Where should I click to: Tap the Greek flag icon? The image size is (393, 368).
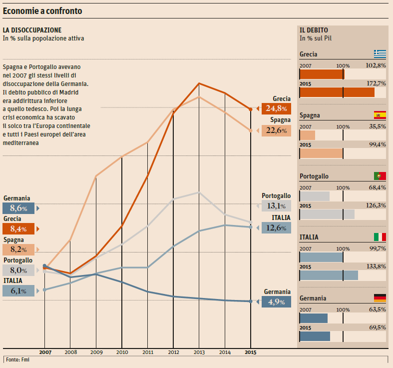coord(380,54)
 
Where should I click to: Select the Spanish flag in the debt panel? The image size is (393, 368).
coord(380,115)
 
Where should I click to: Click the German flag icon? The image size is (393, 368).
coord(380,298)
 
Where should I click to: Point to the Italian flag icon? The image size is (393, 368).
coord(380,237)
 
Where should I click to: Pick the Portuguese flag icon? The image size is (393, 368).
coord(380,176)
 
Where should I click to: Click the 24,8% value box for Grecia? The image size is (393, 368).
coord(276,108)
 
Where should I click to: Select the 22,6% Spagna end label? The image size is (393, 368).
coord(276,130)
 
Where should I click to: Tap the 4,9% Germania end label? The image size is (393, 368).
coord(276,301)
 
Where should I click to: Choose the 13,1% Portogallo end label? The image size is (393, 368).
coord(276,205)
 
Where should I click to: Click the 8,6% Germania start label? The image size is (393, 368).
coord(18,208)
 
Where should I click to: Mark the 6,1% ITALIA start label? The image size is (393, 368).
coord(18,290)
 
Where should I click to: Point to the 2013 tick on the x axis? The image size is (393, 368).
coord(199,352)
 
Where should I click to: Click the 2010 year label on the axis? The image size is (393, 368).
coord(122,352)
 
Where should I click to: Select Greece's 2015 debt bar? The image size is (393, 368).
coord(337,92)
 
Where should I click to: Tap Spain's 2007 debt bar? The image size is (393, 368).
coord(308,135)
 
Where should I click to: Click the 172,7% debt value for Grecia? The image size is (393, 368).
coord(376,83)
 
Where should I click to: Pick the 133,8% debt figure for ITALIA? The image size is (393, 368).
coord(376,266)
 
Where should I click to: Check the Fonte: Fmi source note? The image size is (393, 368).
coord(16,359)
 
